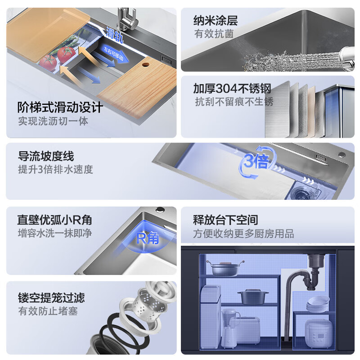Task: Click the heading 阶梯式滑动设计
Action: click(x=60, y=107)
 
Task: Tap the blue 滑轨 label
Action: click(x=115, y=35)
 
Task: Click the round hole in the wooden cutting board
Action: click(x=145, y=64)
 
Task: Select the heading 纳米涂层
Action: click(x=216, y=21)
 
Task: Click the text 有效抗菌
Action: click(x=214, y=34)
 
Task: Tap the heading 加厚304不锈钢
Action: click(x=232, y=88)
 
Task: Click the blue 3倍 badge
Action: click(x=256, y=162)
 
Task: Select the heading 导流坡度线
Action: click(x=46, y=156)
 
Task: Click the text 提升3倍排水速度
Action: click(x=55, y=170)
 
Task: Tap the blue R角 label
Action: click(x=148, y=238)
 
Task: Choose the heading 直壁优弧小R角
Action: click(x=54, y=220)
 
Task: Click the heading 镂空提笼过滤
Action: click(x=51, y=298)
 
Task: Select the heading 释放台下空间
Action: click(x=225, y=220)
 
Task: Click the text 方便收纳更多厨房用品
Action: click(x=243, y=234)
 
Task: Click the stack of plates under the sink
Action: click(x=318, y=304)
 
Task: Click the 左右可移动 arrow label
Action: click(x=114, y=54)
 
